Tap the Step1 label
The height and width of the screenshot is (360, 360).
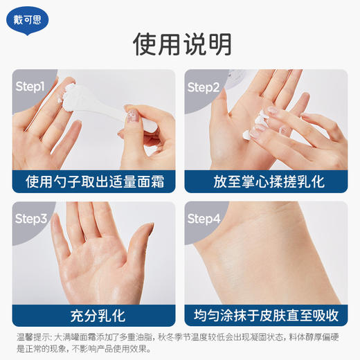[x=30, y=87]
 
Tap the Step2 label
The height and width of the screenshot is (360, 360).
[x=203, y=87]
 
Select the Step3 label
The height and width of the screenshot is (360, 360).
[x=31, y=219]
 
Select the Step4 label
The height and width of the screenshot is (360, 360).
[x=204, y=219]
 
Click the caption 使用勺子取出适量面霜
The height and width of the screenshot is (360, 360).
[x=93, y=181]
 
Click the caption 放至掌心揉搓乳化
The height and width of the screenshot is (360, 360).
[x=266, y=181]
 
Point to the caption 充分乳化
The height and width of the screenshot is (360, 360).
[x=93, y=315]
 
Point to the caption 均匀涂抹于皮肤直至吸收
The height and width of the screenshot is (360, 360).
[x=266, y=315]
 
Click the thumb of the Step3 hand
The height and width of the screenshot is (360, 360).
[x=138, y=249]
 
